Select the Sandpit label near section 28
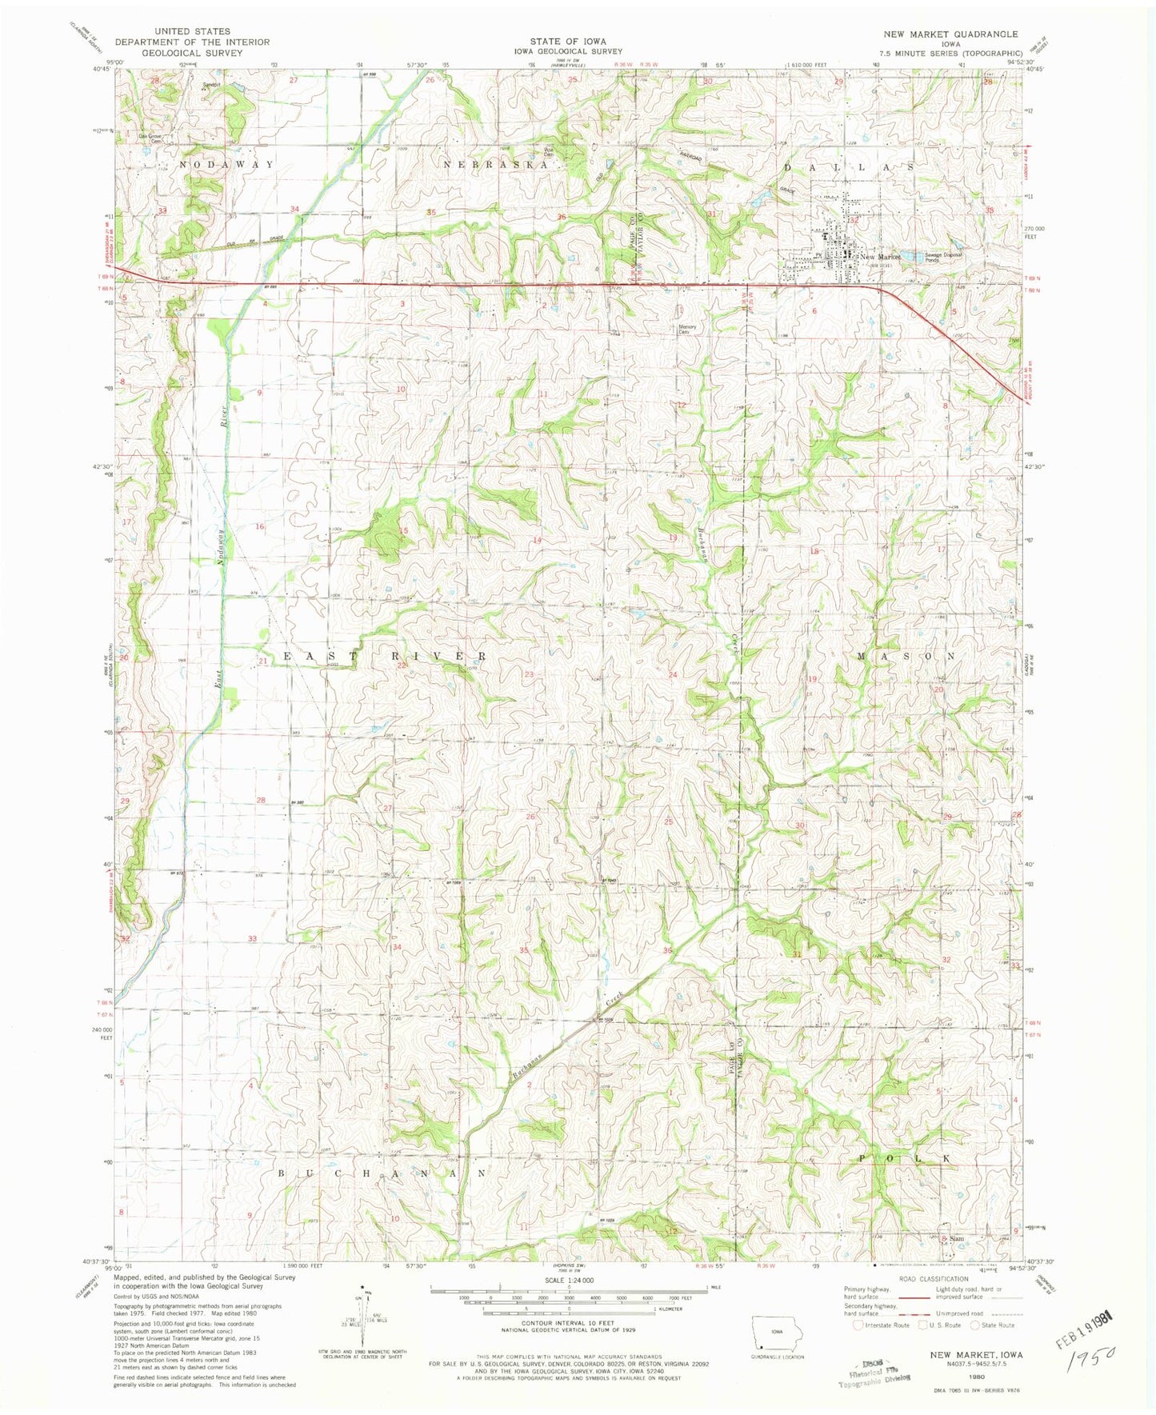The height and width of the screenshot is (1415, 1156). tap(210, 84)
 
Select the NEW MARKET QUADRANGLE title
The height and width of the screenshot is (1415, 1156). tap(950, 34)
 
